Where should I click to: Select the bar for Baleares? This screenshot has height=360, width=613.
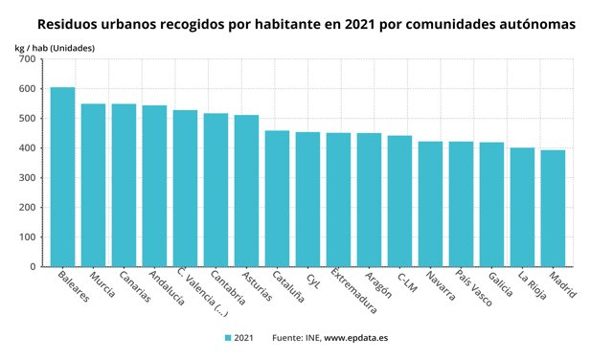pyautogui.click(x=62, y=177)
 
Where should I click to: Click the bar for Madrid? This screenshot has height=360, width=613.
pyautogui.click(x=553, y=209)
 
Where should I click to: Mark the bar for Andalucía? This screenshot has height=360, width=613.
pyautogui.click(x=154, y=186)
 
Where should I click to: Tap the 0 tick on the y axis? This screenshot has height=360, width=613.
pyautogui.click(x=32, y=267)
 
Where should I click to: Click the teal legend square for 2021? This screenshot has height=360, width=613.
pyautogui.click(x=228, y=338)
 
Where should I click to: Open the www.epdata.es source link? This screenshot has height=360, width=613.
pyautogui.click(x=355, y=338)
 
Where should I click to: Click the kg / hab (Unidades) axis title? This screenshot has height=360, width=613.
pyautogui.click(x=55, y=46)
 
